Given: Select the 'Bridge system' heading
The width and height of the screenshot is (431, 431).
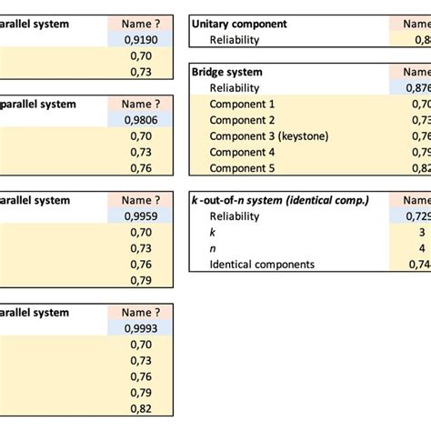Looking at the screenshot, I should [x=227, y=72].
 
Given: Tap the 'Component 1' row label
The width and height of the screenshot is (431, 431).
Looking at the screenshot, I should [x=242, y=105].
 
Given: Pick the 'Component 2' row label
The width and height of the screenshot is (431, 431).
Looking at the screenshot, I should [x=242, y=120].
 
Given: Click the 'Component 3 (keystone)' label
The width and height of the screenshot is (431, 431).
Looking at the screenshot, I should [x=270, y=136].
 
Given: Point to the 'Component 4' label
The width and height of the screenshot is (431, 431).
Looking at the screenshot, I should [x=242, y=153].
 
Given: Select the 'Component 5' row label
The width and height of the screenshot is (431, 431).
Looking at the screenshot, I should [x=242, y=168].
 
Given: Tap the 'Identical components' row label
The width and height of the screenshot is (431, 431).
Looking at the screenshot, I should [x=262, y=264].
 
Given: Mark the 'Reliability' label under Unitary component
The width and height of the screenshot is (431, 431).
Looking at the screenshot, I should [x=235, y=40].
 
